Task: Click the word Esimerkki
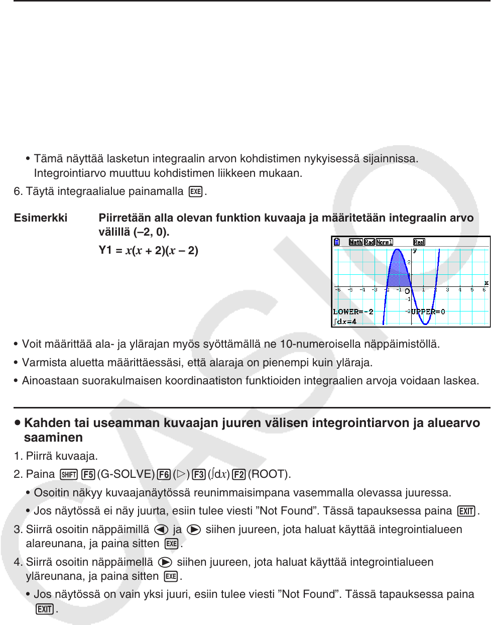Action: coord(41,218)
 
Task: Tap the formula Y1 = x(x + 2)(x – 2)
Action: coord(148,250)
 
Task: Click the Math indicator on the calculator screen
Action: coord(356,242)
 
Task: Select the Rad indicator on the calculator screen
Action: coord(370,242)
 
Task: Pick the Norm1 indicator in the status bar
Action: coord(385,242)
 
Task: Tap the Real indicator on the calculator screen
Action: coord(419,242)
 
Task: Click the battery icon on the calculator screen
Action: coord(337,242)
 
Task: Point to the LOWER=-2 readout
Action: coord(353,312)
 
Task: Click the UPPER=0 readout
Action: coord(428,312)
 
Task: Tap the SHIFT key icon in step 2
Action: coord(69,474)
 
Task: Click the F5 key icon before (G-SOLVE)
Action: coord(88,474)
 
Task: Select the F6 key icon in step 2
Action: coord(164,474)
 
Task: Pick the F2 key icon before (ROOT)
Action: coord(239,474)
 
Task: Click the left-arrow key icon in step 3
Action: coord(161,530)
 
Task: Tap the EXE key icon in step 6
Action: coord(196,192)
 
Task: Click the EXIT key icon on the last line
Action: coord(45,609)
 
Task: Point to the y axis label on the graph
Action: coord(415,250)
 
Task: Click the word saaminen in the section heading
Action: coord(53,438)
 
